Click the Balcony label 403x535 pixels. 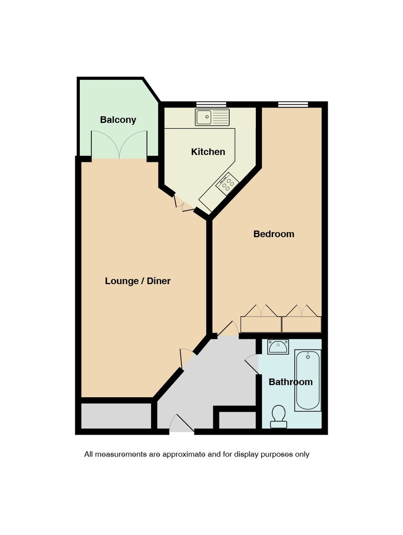[118, 120]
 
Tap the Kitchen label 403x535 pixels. [208, 152]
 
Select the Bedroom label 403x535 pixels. [274, 234]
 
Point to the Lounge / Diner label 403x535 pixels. [138, 281]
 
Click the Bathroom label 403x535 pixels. [290, 382]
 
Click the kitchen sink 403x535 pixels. [212, 117]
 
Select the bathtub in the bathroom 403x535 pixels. [308, 380]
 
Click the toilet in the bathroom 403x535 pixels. [279, 416]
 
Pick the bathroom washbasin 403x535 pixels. [278, 346]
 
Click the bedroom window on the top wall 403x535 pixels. [293, 105]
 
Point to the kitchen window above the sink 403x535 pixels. [211, 105]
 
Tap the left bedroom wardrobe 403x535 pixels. [261, 324]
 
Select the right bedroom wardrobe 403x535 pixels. [301, 324]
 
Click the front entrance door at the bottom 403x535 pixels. [182, 426]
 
